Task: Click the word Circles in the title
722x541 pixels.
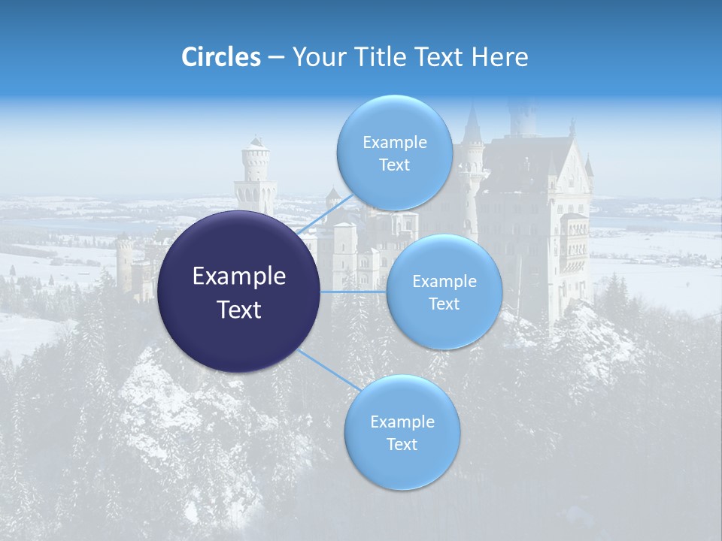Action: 221,56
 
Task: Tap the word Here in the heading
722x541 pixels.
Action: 500,56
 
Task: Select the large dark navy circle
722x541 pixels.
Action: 238,292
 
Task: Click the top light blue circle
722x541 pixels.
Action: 394,153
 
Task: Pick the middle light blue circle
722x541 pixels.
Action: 444,292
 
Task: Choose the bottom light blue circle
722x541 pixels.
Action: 402,432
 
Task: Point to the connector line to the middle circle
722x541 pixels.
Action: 353,292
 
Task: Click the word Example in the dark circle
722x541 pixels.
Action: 238,276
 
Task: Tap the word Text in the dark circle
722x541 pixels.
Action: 238,309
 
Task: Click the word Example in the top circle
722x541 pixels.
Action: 394,142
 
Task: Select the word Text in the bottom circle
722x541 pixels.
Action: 402,444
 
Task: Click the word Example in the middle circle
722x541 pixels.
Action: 444,281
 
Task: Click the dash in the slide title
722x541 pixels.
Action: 276,57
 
